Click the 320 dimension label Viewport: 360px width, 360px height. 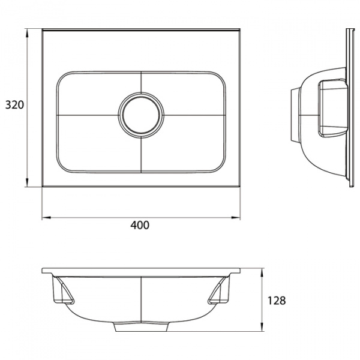coord(14,105)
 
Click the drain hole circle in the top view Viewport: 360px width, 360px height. coord(141,113)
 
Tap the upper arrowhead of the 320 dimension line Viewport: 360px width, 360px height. coord(28,30)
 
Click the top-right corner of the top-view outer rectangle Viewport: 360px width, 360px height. coord(239,28)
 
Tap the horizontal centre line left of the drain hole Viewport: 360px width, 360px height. coord(87,113)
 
